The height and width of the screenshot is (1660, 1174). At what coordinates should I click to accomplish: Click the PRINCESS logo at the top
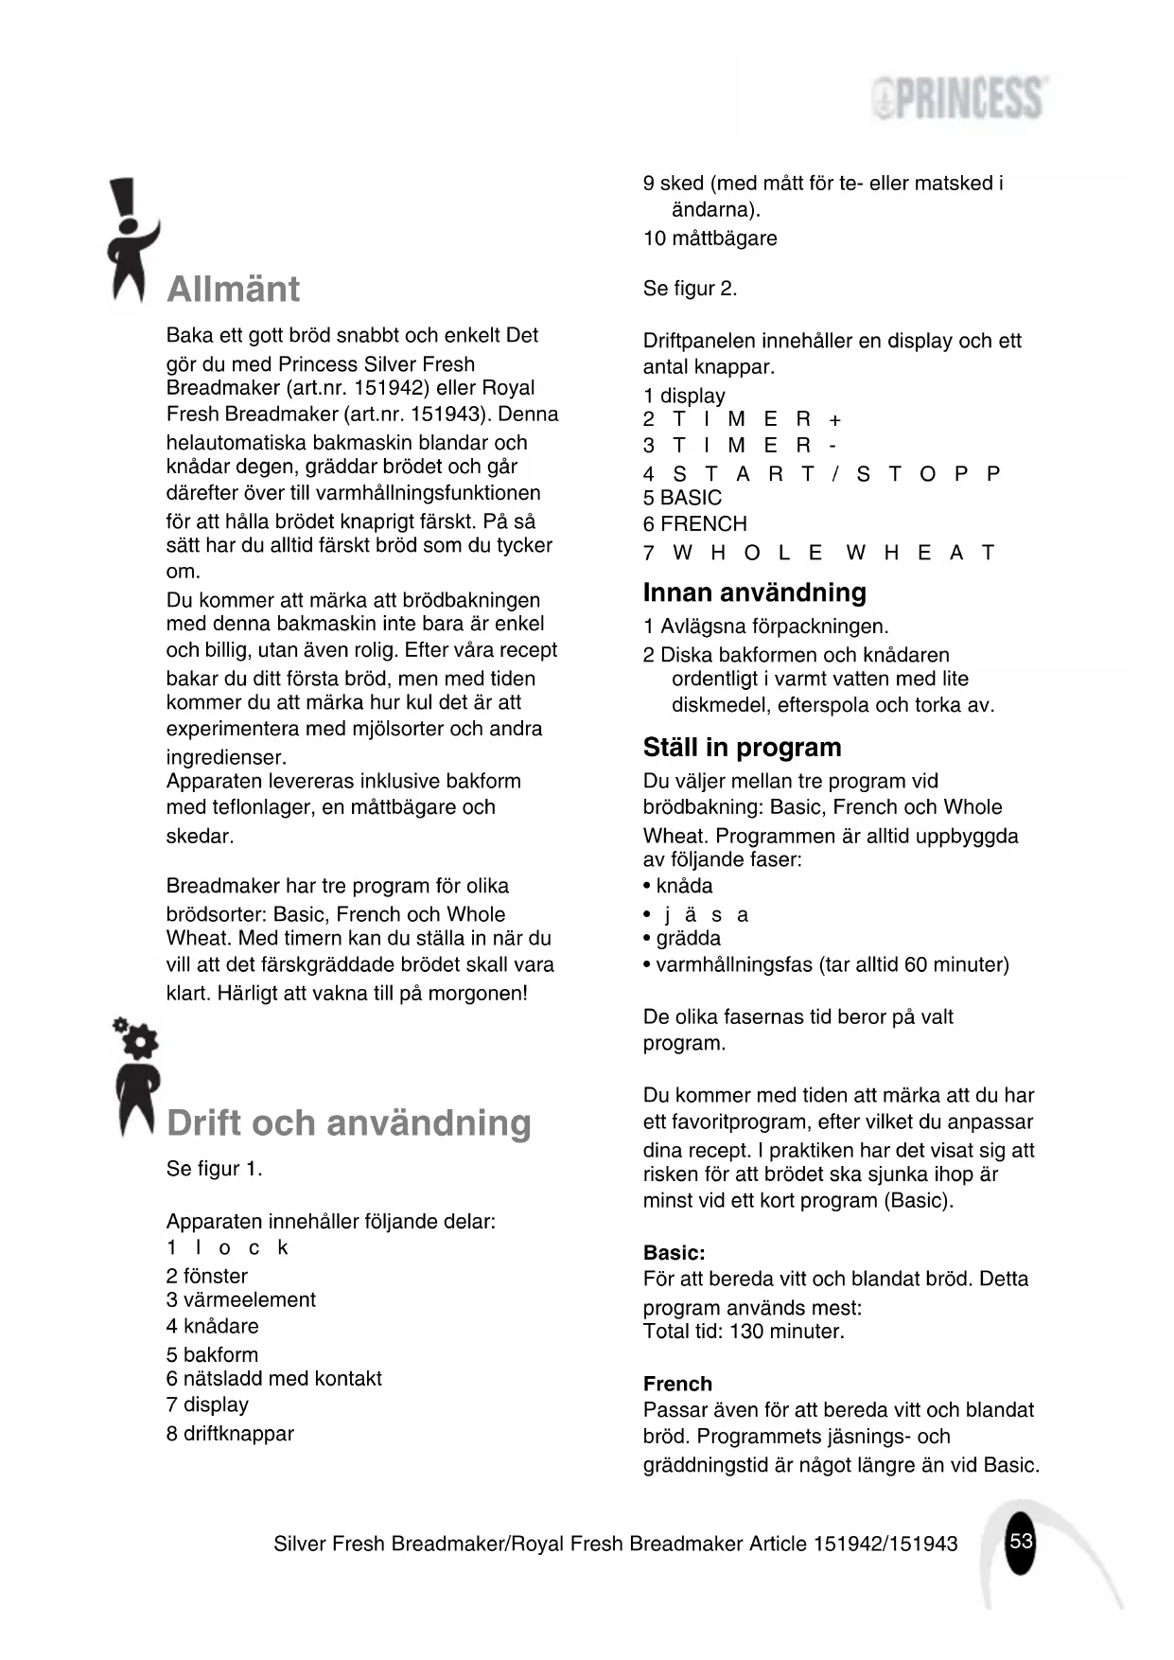coord(959,98)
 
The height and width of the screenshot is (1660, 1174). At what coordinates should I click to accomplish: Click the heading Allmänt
coord(233,289)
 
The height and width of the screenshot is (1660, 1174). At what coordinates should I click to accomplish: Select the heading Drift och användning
coord(348,1123)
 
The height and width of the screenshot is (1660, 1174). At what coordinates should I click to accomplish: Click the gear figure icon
coord(135,1077)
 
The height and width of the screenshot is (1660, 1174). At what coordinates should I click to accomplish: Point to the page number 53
coord(1021,1541)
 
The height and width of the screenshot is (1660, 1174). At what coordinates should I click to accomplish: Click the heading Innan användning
coord(754,592)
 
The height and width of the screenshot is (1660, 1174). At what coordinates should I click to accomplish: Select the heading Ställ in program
coord(742,748)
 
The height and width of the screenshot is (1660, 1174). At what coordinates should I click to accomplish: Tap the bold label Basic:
coord(674,1253)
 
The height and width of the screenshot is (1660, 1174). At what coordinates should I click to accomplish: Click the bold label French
coord(677,1384)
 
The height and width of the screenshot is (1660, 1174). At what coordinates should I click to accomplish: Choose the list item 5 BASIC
coord(682,498)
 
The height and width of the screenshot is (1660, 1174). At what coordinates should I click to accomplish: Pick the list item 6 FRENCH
coord(694,524)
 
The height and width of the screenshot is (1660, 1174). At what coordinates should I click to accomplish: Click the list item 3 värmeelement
coord(240,1300)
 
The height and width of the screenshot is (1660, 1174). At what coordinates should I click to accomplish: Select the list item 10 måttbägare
coord(710,238)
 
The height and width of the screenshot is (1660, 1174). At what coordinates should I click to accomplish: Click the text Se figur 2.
coord(690,289)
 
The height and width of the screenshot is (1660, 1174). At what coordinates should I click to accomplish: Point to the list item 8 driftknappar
coord(230,1434)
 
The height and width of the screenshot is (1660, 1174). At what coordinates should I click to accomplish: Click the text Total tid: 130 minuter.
coord(744,1332)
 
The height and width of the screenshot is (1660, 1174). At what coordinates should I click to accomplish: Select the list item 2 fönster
coord(207,1276)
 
